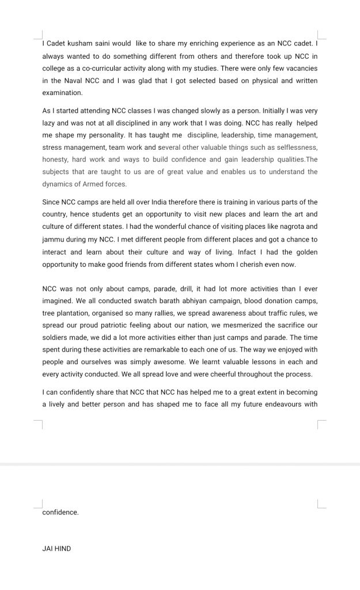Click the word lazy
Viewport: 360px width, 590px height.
[x=51, y=123]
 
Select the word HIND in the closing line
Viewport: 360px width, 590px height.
[x=62, y=549]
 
